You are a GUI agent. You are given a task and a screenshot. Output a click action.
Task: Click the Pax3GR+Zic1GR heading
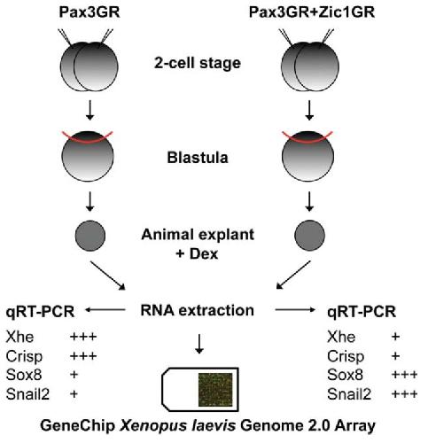pyautogui.click(x=312, y=12)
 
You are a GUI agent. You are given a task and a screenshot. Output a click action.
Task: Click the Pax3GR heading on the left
pyautogui.click(x=89, y=12)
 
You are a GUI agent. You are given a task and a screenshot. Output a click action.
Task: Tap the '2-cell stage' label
pyautogui.click(x=198, y=63)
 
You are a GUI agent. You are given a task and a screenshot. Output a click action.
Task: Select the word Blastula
pyautogui.click(x=198, y=158)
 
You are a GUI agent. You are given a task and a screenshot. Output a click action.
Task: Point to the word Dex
pyautogui.click(x=204, y=253)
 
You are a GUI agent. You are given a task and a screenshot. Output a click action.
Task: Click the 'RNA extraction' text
pyautogui.click(x=198, y=310)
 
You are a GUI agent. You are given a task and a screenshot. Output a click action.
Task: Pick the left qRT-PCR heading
pyautogui.click(x=40, y=312)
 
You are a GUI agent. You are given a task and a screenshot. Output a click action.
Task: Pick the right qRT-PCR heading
pyautogui.click(x=362, y=312)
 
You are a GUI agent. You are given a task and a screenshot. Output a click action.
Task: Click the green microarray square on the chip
pyautogui.click(x=215, y=390)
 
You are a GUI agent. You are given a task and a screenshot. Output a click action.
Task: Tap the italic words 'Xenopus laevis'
pyautogui.click(x=178, y=426)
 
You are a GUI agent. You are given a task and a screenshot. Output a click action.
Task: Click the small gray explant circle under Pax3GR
pyautogui.click(x=90, y=236)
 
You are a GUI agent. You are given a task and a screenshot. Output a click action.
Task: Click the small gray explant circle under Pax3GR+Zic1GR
pyautogui.click(x=310, y=236)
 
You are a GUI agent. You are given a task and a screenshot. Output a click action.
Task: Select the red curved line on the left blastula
pyautogui.click(x=88, y=142)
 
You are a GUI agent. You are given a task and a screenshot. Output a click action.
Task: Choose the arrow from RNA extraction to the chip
pyautogui.click(x=199, y=344)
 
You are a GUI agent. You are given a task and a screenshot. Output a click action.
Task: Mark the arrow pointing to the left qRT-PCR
pyautogui.click(x=105, y=310)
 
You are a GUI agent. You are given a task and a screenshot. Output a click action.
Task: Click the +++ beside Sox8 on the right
pyautogui.click(x=404, y=375)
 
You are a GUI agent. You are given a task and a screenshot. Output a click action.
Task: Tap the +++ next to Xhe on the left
pyautogui.click(x=83, y=337)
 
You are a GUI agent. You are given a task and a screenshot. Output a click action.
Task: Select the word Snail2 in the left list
pyautogui.click(x=27, y=394)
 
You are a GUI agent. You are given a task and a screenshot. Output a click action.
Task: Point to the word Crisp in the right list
pyautogui.click(x=346, y=356)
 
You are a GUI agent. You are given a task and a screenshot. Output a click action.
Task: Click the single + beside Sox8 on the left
pyautogui.click(x=74, y=375)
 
